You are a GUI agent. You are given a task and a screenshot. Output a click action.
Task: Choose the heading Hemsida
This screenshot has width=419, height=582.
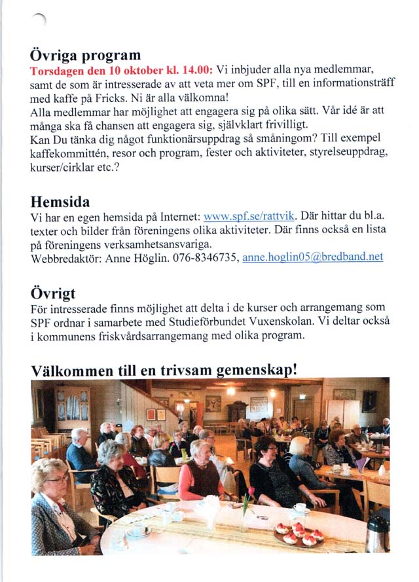[60, 201]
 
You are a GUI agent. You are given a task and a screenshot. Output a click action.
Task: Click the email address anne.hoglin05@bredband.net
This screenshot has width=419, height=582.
[312, 258]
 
